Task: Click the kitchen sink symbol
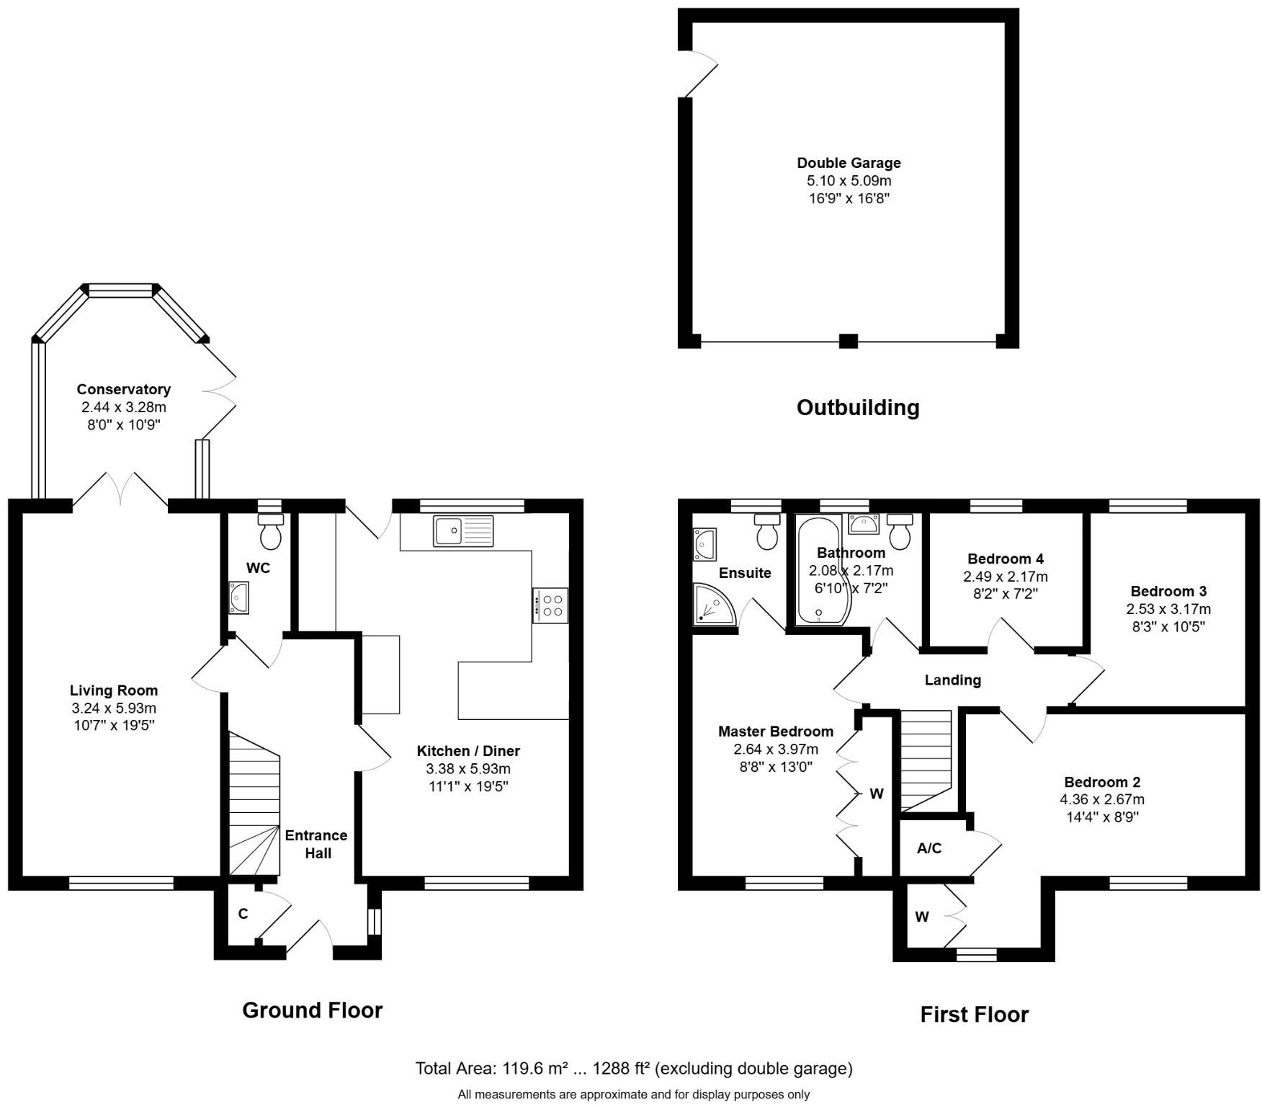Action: pos(463,531)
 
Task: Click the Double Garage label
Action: pos(849,163)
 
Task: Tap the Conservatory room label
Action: pos(124,389)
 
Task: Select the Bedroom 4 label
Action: pos(1005,559)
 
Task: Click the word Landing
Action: pos(952,680)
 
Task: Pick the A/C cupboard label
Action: pos(929,848)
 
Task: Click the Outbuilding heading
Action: pos(857,408)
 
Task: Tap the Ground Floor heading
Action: pos(312,1010)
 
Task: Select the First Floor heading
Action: pos(974,1015)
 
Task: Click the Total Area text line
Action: pos(634,1068)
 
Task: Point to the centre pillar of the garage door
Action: pos(849,341)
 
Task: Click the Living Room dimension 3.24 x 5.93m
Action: pos(114,708)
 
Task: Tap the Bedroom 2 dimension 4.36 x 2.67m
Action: pos(1102,799)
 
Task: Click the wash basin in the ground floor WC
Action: pos(238,597)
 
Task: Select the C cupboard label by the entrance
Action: pos(243,914)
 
